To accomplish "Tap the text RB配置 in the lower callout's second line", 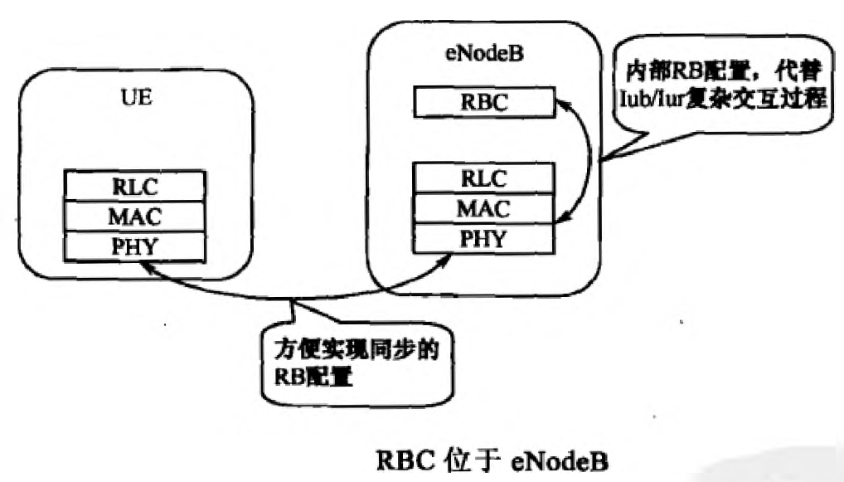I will [x=307, y=377].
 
